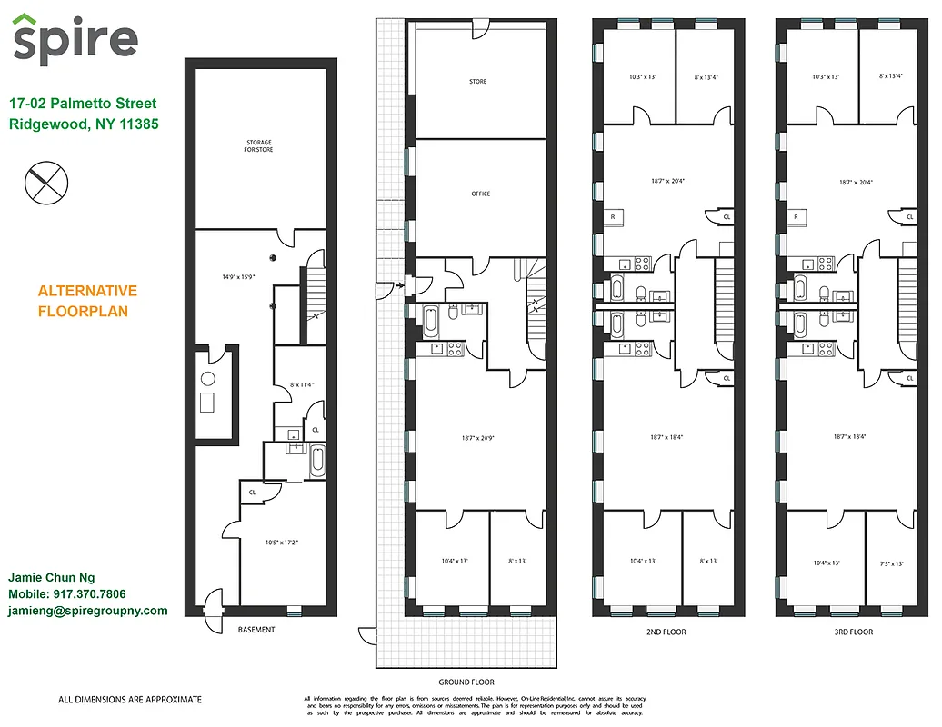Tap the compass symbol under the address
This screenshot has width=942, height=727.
[44, 181]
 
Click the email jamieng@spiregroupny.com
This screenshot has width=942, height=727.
[88, 611]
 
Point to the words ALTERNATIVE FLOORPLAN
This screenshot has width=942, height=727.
[87, 301]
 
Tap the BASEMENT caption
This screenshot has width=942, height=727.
[256, 630]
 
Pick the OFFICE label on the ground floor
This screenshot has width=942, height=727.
[480, 194]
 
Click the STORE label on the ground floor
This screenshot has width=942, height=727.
[477, 82]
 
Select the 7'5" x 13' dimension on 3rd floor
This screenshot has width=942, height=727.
[892, 563]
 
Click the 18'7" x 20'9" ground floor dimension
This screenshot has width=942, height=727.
[478, 438]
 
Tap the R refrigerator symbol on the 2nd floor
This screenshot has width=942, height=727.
[614, 217]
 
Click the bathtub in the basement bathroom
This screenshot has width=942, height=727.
[316, 461]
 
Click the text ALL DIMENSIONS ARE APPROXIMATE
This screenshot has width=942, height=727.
[130, 700]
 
